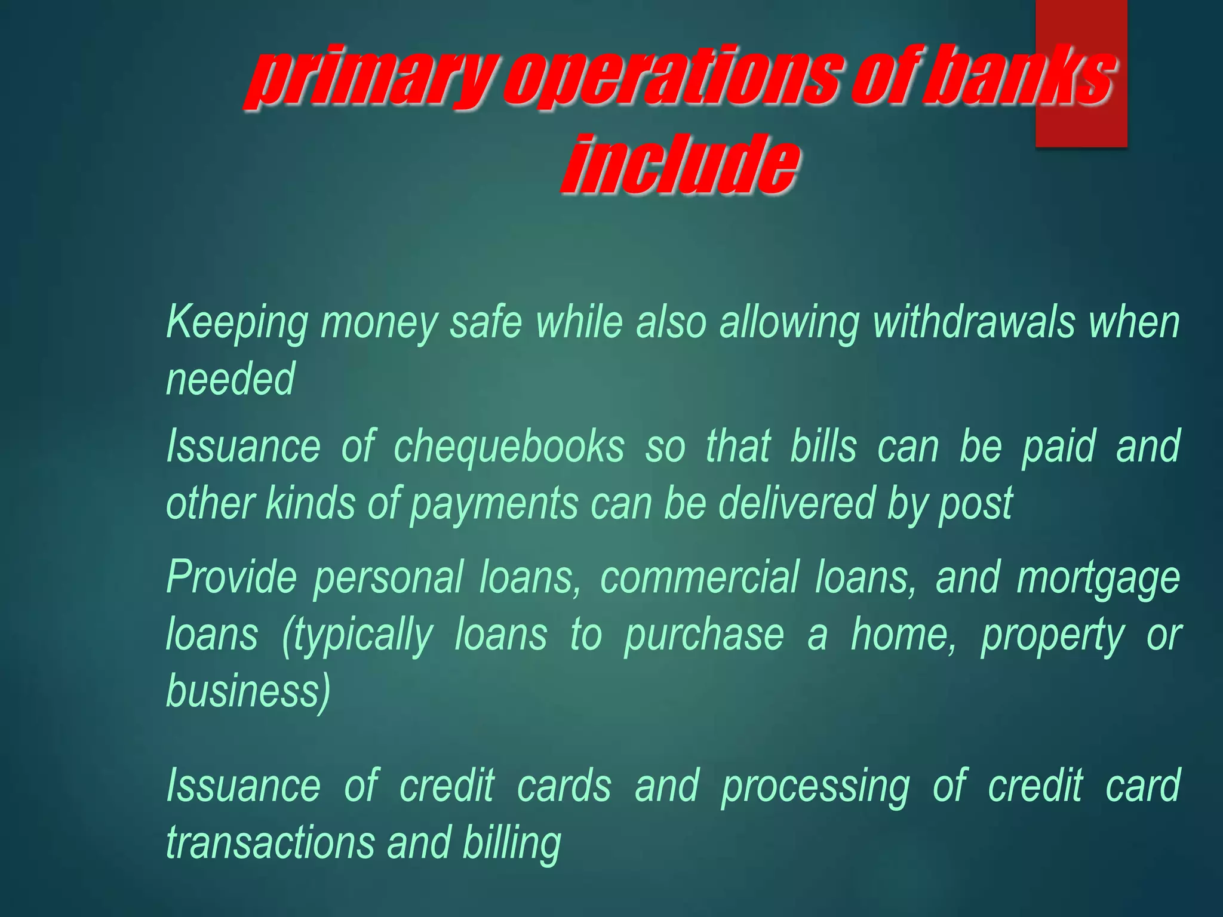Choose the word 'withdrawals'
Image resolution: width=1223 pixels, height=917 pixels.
click(x=973, y=322)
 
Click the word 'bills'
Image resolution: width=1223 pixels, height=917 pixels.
click(x=823, y=446)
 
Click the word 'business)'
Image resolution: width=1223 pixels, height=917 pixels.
click(x=248, y=692)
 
